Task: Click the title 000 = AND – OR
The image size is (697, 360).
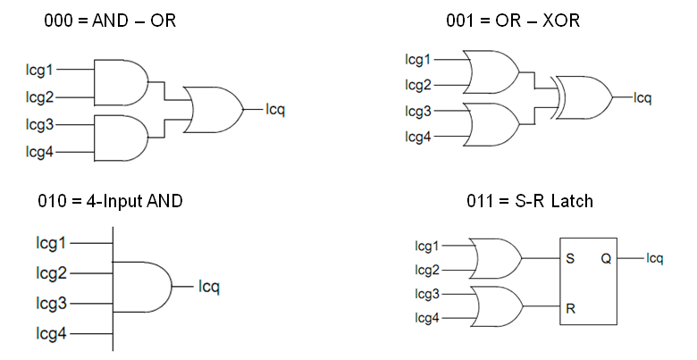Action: (110, 19)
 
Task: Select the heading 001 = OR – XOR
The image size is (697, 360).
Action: (513, 19)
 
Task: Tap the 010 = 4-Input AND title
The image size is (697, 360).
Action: (113, 201)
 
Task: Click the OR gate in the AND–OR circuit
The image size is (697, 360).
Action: (213, 110)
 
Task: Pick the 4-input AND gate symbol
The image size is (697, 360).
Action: (144, 287)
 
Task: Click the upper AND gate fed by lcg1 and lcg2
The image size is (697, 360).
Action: (120, 81)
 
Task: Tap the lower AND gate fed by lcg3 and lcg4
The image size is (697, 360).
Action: (120, 138)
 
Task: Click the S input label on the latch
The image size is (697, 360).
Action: (569, 259)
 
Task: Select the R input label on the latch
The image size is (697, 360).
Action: (569, 309)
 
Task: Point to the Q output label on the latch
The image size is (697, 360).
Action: (606, 259)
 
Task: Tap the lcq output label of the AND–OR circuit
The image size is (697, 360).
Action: (275, 110)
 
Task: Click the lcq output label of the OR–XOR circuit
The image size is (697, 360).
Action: (642, 96)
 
